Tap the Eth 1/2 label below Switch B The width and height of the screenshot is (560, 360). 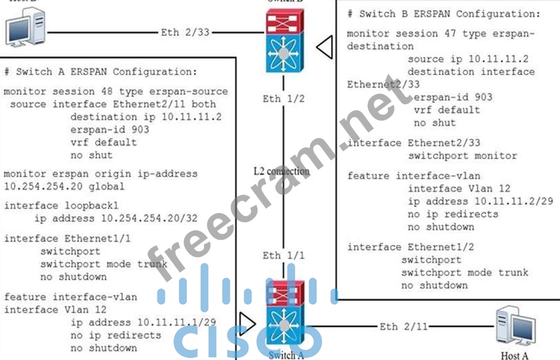tap(283, 99)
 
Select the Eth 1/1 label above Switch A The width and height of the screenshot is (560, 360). tap(283, 256)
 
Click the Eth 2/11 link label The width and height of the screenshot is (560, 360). tap(403, 327)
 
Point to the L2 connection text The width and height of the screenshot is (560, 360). tap(281, 171)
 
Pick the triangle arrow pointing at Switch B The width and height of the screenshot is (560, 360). tap(325, 46)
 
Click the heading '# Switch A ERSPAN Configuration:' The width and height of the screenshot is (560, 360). tap(100, 71)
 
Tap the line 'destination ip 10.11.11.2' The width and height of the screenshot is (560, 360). tap(146, 117)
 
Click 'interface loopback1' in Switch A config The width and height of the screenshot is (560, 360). tap(61, 205)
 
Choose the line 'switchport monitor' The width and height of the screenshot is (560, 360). tap(462, 156)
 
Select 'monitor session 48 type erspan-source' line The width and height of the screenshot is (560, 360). tap(116, 91)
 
